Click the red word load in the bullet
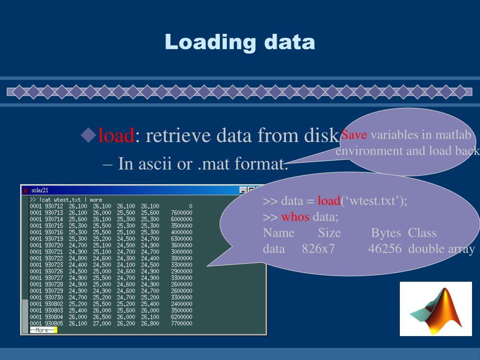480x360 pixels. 116,136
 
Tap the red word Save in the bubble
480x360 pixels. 354,135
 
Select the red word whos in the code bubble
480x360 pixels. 295,217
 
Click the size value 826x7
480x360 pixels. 318,248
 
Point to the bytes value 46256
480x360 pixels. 384,248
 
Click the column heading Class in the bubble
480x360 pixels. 422,233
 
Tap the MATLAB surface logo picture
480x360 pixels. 435,308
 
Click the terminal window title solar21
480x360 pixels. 40,190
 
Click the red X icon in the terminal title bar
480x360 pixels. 26,190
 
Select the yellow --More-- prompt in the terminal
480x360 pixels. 43,330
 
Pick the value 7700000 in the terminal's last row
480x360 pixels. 181,323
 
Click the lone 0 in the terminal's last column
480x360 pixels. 190,206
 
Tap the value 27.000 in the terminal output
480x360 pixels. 102,323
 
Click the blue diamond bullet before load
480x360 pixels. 88,135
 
